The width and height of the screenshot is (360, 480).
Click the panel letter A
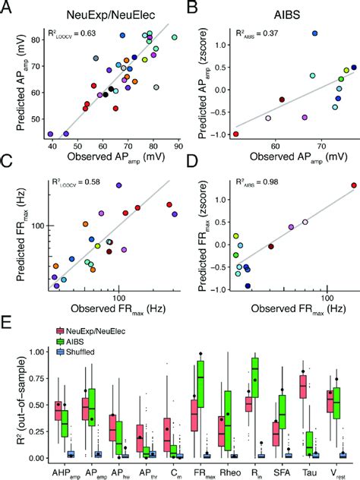pos(8,8)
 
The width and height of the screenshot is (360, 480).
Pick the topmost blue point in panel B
pos(294,33)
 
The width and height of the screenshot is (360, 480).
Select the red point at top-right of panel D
pos(353,185)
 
